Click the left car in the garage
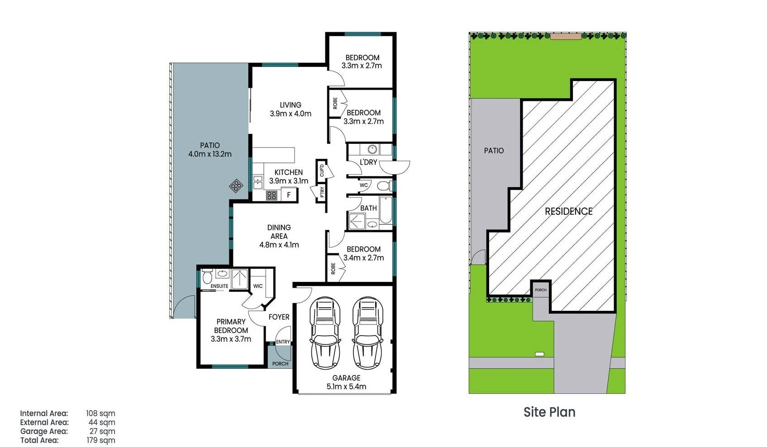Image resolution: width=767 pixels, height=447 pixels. [325, 333]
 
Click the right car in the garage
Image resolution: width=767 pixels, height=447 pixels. [368, 333]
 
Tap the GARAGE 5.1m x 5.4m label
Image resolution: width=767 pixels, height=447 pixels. [346, 382]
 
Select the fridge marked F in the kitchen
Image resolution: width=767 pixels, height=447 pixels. [289, 195]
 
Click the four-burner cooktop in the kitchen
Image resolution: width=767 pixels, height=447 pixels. [272, 195]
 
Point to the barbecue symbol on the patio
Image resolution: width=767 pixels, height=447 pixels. [236, 185]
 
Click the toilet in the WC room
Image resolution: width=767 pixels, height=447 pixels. [384, 185]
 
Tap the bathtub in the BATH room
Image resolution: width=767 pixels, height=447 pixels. [386, 210]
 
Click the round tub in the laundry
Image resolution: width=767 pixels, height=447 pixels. [372, 149]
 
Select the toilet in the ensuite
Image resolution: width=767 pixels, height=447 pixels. [207, 276]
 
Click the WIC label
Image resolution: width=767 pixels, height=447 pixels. [258, 286]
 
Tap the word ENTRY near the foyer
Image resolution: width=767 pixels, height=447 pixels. [283, 342]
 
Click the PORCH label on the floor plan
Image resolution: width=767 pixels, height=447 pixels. [280, 364]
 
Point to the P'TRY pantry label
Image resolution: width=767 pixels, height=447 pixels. [322, 192]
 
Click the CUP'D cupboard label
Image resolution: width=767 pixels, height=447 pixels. [322, 170]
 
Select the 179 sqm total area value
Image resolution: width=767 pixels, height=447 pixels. [101, 440]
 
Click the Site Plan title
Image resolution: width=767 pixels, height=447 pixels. [549, 412]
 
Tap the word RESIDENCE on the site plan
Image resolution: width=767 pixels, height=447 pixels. [568, 211]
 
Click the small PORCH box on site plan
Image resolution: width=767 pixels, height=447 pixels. [540, 290]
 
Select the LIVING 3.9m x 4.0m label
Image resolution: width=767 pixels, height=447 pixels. [291, 109]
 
